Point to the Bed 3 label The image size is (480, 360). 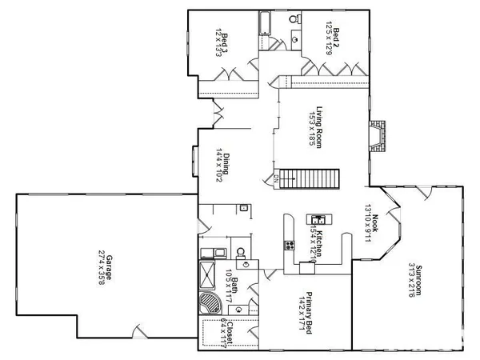(226, 39)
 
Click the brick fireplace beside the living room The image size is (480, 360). (378, 137)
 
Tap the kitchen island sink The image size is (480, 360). (318, 220)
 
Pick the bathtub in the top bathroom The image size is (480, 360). (264, 24)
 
